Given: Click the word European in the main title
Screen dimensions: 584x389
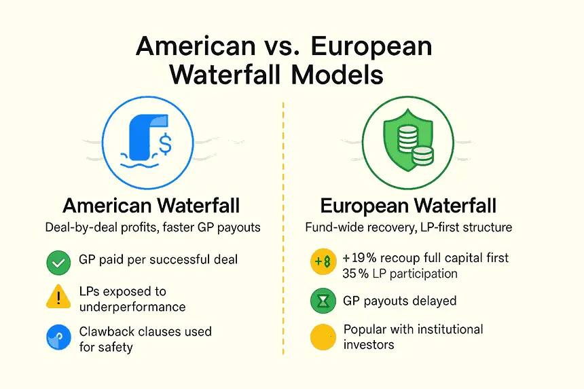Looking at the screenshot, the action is click(371, 47).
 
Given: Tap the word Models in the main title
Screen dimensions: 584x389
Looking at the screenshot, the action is click(337, 75).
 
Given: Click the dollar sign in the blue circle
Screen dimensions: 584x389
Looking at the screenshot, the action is click(166, 145).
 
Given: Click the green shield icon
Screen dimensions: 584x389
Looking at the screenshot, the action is click(408, 140).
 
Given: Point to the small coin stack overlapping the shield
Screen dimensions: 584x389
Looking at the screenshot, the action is click(423, 156).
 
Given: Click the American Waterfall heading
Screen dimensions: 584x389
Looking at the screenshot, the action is click(151, 206).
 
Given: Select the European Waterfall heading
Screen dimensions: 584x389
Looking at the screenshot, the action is click(408, 206).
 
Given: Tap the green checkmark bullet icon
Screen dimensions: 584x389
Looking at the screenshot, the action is click(58, 263).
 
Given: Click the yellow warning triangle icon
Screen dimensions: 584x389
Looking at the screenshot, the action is click(58, 297).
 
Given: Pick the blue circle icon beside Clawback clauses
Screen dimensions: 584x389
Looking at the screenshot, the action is click(58, 337).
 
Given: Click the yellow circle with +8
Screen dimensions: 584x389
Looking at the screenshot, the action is click(323, 261).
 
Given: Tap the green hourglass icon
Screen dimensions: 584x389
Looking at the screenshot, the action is click(323, 301).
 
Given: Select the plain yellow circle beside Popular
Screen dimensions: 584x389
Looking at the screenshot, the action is click(323, 337).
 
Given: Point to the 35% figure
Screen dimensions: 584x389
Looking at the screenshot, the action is click(356, 274).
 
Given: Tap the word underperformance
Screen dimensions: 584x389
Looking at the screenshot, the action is click(132, 307).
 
